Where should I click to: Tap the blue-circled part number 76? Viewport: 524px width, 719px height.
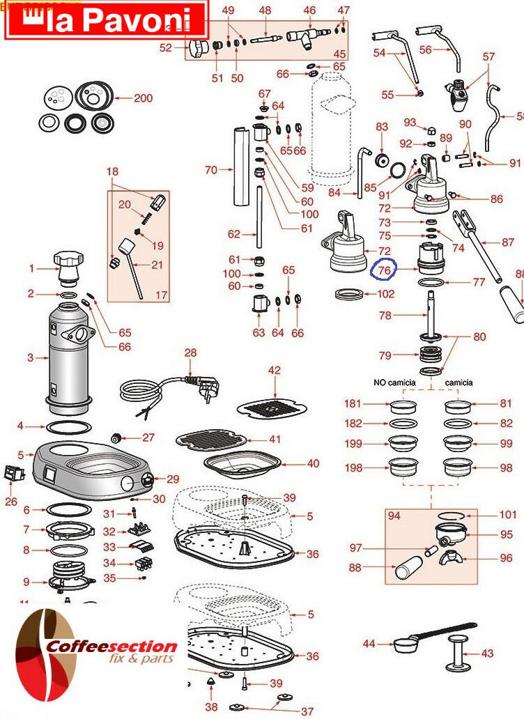click(x=384, y=270)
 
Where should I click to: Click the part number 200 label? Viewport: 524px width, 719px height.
click(x=143, y=98)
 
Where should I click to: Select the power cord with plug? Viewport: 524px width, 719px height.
click(x=169, y=393)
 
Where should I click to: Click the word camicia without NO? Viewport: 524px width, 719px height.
click(x=458, y=382)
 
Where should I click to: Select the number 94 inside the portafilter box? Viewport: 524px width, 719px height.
click(x=394, y=516)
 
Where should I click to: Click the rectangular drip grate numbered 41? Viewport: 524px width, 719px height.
click(x=211, y=440)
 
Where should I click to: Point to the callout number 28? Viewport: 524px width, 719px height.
click(x=190, y=353)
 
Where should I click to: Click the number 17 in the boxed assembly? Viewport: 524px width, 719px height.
click(x=161, y=295)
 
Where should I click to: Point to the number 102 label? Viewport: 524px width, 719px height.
click(x=385, y=293)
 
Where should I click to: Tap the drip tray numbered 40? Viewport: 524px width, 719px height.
click(x=242, y=464)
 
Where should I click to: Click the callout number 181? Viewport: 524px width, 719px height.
click(x=353, y=403)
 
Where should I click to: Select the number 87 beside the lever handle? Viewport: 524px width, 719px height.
click(x=508, y=242)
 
